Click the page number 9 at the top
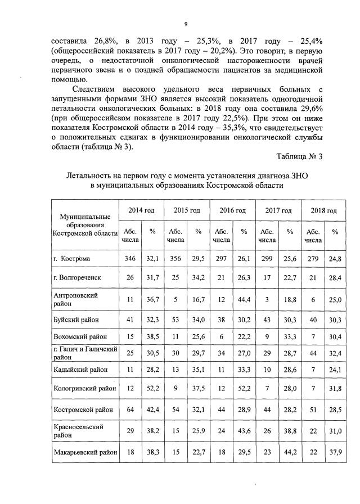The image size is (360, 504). point(186,24)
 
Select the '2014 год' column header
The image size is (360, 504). point(141,210)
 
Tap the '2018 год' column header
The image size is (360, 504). point(323,210)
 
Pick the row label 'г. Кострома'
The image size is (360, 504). point(73,258)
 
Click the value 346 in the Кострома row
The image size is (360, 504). point(129,258)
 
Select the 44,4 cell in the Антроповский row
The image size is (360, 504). point(244,299)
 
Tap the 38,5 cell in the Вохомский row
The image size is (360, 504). point(151,336)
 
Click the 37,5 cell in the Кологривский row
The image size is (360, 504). point(198,389)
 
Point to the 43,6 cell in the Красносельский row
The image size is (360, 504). point(244,431)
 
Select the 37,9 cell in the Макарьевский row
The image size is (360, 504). point(335,452)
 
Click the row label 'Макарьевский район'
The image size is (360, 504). point(85,452)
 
